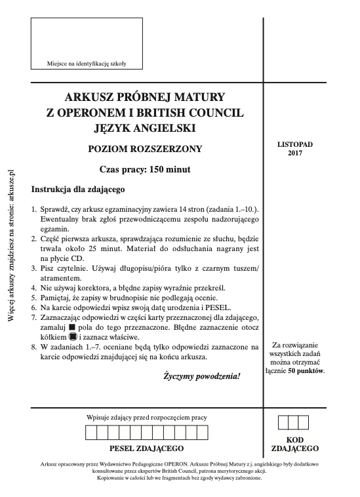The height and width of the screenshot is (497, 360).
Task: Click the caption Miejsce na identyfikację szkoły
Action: (87, 64)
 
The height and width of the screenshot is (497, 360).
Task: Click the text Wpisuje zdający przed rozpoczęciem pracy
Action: (146, 417)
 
